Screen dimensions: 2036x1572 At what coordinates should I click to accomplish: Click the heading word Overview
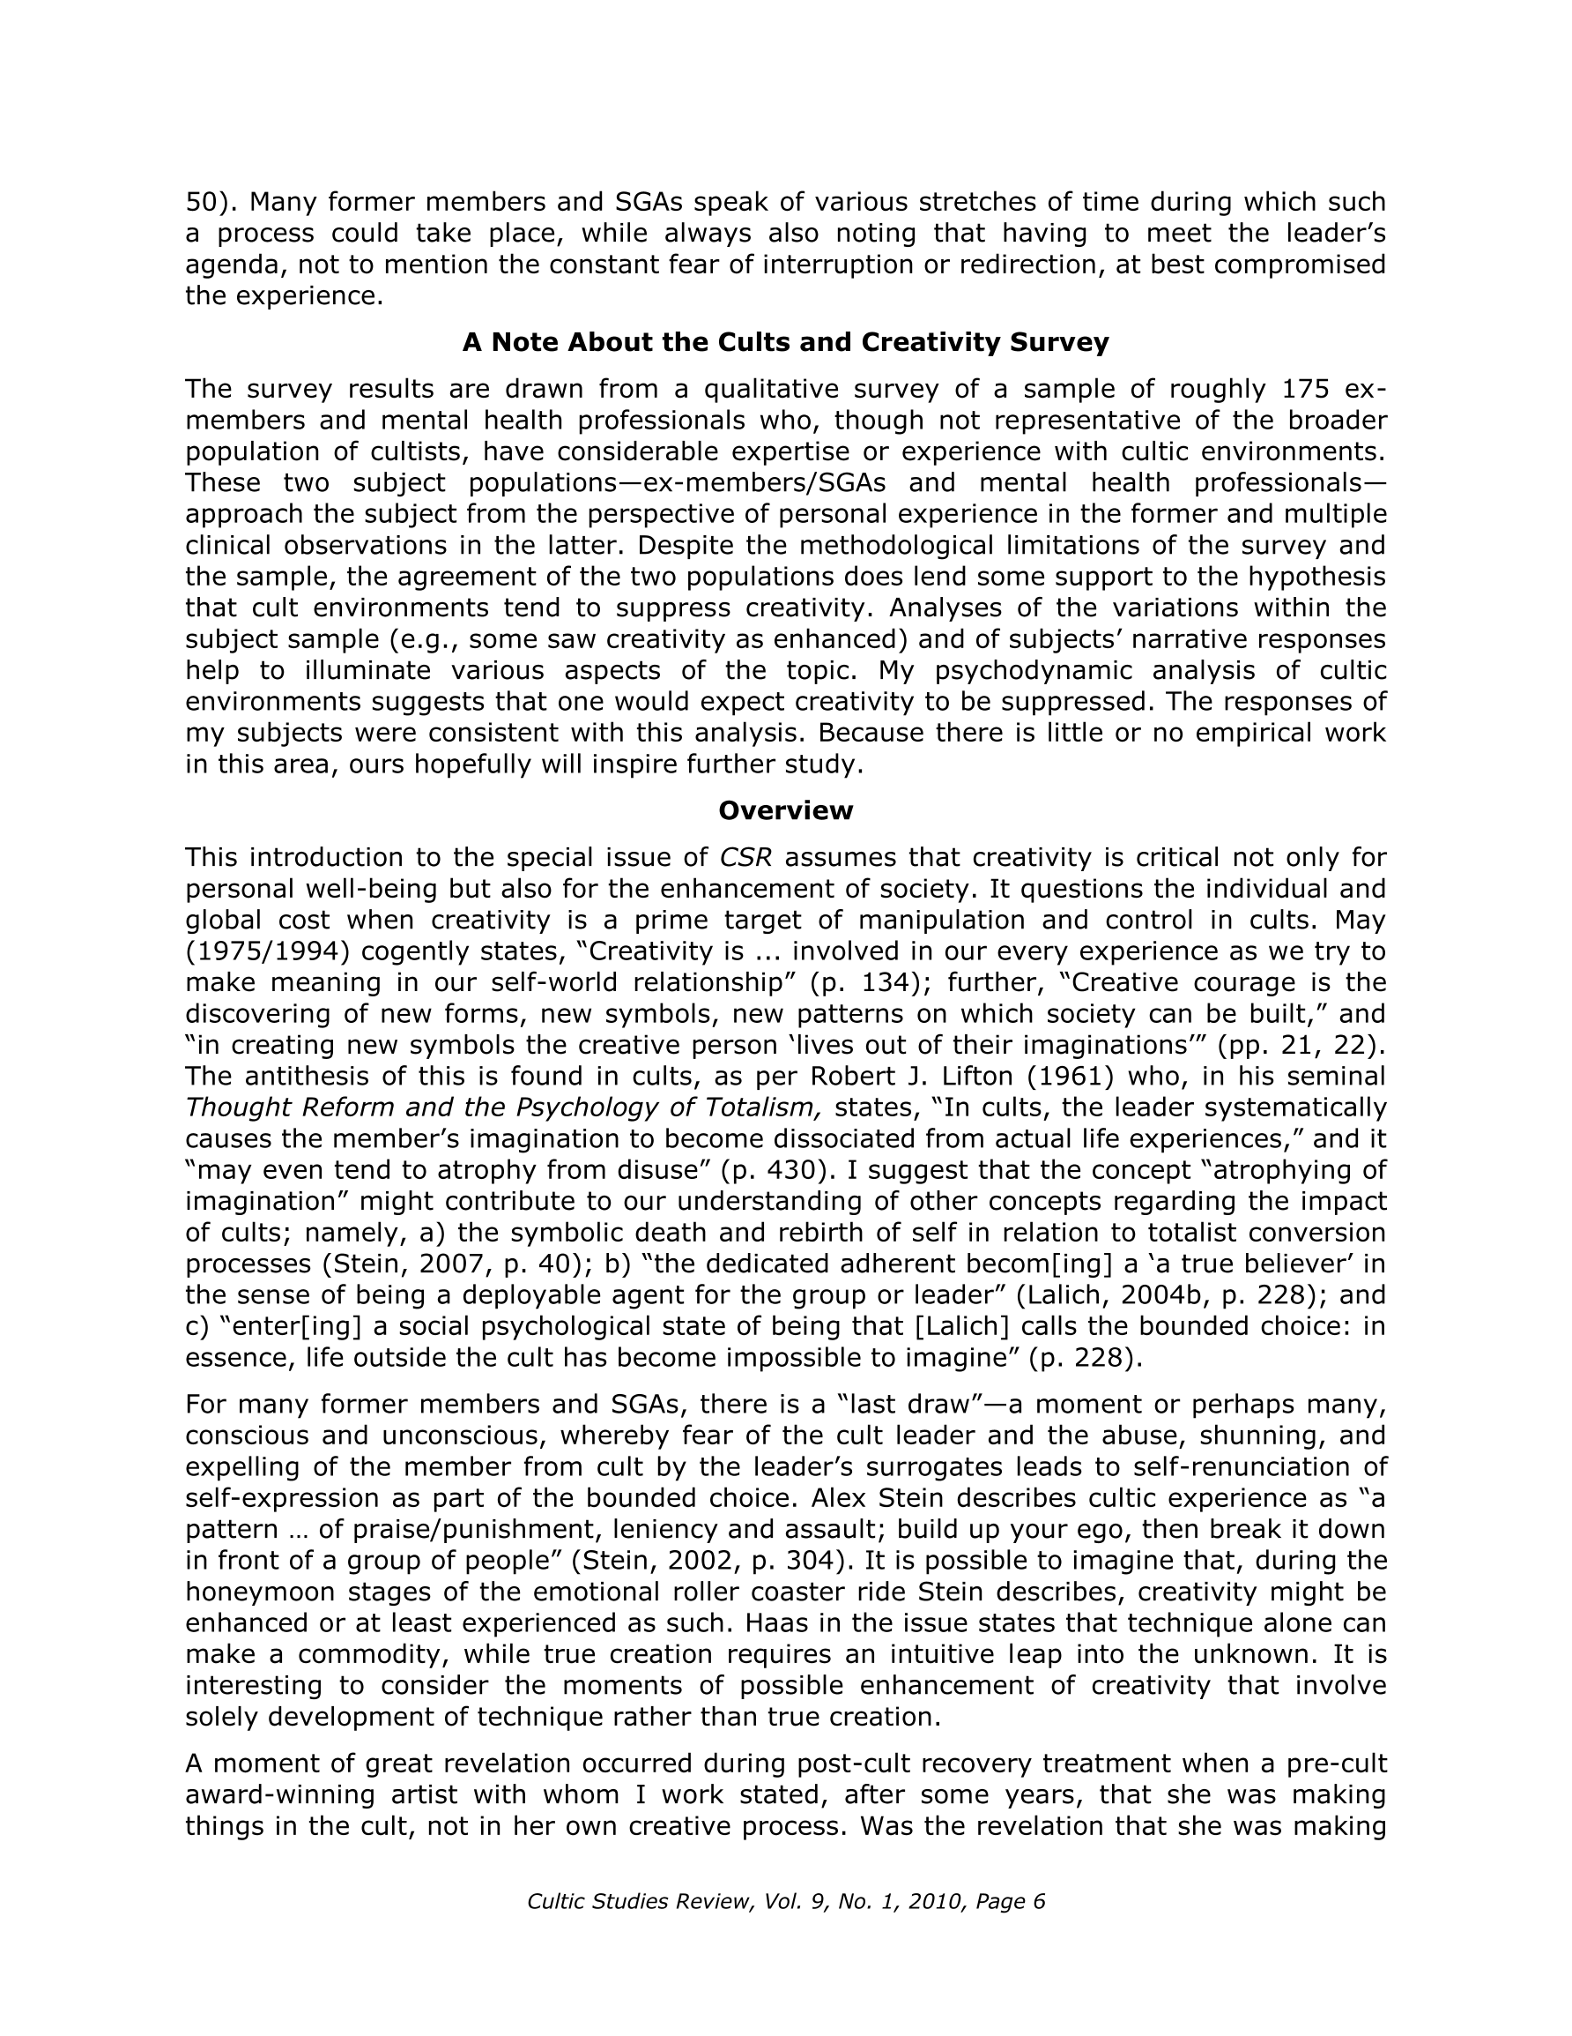tap(784, 811)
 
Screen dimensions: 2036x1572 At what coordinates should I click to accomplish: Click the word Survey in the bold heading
tap(1058, 343)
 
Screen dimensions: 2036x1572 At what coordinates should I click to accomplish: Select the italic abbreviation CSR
tap(745, 858)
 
